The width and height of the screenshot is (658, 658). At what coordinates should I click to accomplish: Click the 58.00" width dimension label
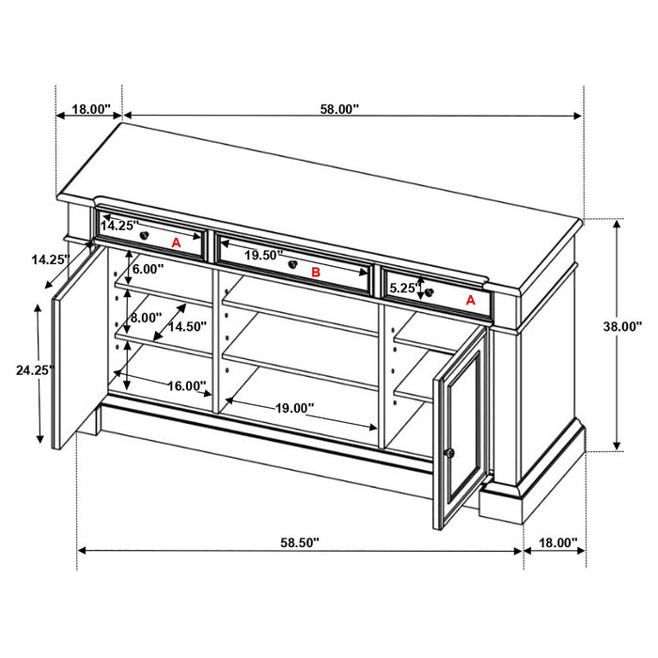339,109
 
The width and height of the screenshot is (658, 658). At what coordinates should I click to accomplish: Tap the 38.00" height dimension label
622,327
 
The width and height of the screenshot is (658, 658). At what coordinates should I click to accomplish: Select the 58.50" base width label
300,542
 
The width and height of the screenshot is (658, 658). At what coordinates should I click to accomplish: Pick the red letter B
316,273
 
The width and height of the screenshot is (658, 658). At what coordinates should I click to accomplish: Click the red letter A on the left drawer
175,242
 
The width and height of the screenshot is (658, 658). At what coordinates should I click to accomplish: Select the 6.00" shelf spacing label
149,269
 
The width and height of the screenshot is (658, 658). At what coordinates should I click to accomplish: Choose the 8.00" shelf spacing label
146,318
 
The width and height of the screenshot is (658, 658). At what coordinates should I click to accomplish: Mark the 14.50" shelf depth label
187,326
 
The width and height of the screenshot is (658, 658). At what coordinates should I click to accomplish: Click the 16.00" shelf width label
187,385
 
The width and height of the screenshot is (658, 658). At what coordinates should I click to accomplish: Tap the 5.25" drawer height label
402,289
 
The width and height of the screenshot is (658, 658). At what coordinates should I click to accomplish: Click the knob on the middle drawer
293,266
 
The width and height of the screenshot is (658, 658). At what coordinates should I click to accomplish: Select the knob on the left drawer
145,233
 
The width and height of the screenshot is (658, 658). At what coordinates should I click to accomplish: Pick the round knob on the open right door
450,454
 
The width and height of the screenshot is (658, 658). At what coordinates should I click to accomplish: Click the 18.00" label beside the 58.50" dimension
555,542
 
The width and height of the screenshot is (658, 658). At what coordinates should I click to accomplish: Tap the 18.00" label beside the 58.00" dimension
91,109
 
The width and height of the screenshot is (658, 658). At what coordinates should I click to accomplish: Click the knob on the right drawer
430,292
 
